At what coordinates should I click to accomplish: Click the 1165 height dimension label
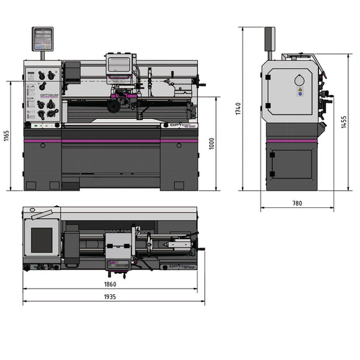pyautogui.click(x=7, y=135)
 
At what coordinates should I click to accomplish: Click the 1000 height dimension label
pyautogui.click(x=212, y=143)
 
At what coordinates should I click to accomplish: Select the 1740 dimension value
pyautogui.click(x=238, y=109)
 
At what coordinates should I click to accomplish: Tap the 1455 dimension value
pyautogui.click(x=344, y=122)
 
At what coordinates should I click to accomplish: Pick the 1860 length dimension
pyautogui.click(x=110, y=284)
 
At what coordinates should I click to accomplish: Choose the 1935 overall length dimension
pyautogui.click(x=110, y=297)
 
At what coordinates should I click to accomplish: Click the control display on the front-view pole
pyautogui.click(x=42, y=38)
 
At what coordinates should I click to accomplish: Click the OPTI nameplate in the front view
pyautogui.click(x=181, y=125)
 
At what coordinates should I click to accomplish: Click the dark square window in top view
pyautogui.click(x=42, y=240)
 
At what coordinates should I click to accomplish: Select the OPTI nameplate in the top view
pyautogui.click(x=180, y=266)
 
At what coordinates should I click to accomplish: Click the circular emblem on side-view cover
pyautogui.click(x=300, y=80)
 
